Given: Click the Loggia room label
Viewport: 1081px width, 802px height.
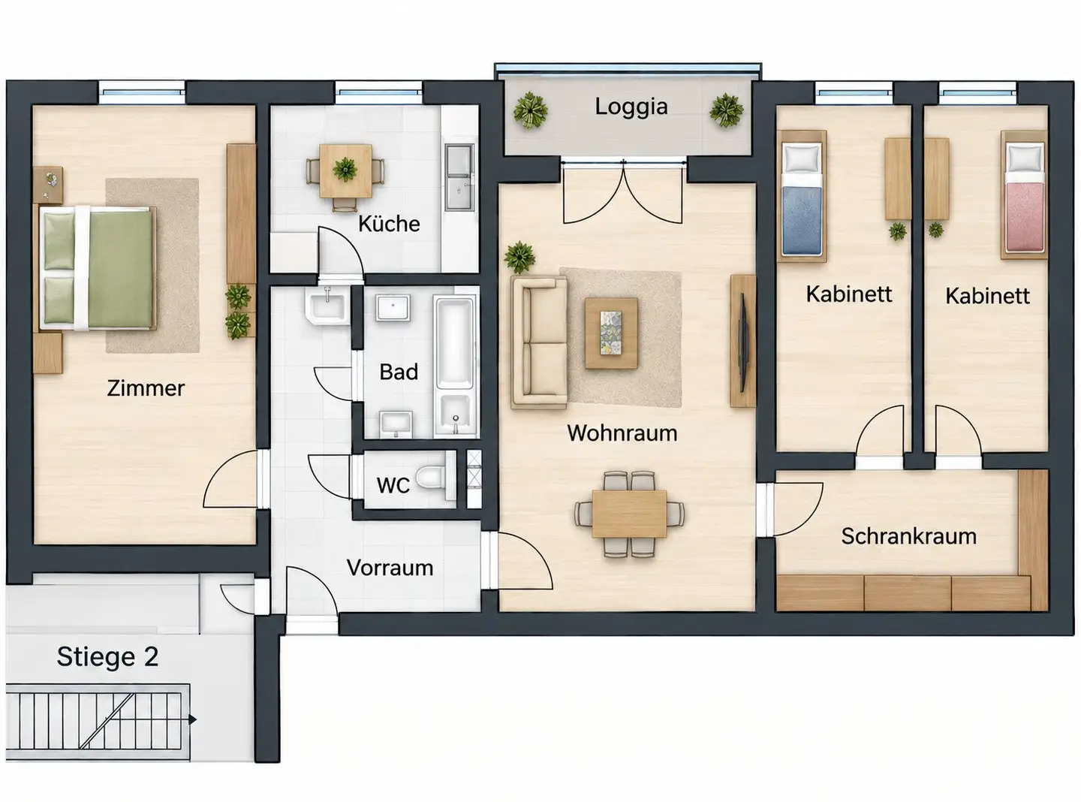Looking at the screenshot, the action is click(x=631, y=107).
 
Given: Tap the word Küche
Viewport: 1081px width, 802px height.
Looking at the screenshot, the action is click(x=389, y=224).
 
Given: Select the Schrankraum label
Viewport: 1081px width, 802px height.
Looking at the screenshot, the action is click(x=908, y=536).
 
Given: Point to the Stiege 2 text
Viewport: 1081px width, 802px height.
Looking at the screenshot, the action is click(x=107, y=657).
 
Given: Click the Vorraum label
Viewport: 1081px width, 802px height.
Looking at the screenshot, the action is click(x=390, y=568).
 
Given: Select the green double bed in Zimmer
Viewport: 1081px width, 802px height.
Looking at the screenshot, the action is click(x=98, y=268).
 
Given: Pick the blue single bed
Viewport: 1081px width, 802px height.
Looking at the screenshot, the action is click(x=801, y=196).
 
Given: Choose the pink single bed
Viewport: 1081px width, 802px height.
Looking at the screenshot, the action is click(x=1024, y=194).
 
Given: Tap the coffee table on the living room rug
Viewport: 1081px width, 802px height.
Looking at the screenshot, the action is click(x=611, y=333).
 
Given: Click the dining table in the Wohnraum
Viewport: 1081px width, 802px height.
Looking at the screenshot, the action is click(x=629, y=514).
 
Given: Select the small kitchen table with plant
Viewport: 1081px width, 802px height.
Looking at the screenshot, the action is click(x=345, y=171).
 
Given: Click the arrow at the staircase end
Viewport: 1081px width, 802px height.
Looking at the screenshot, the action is click(x=193, y=719).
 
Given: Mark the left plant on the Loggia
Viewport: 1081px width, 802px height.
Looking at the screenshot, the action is click(x=530, y=110).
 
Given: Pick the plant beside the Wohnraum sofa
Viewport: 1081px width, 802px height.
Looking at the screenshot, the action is click(x=519, y=257).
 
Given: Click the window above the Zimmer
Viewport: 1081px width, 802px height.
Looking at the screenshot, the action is click(x=143, y=92).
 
